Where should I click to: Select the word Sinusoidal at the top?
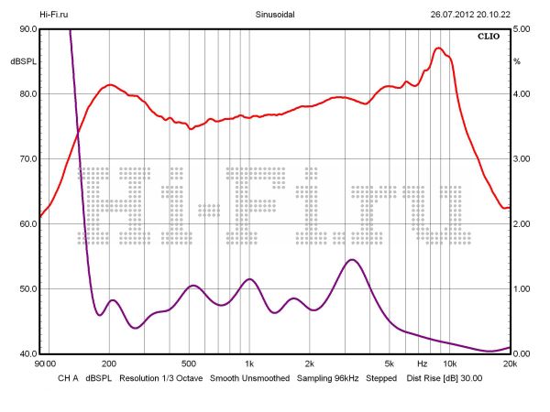point(275,15)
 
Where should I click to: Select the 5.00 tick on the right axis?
point(522,29)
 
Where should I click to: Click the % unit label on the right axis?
point(517,61)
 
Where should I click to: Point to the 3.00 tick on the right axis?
point(522,159)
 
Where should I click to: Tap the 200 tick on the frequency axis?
point(109,363)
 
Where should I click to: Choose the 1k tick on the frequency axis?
point(248,363)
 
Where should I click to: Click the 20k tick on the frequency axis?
point(510,363)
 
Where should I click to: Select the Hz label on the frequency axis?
point(423,363)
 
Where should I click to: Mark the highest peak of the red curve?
point(439,48)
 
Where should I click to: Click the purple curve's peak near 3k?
point(352,260)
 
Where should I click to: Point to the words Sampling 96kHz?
point(327,378)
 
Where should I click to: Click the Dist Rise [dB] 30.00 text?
point(444,378)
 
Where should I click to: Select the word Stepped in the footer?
point(381,378)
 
